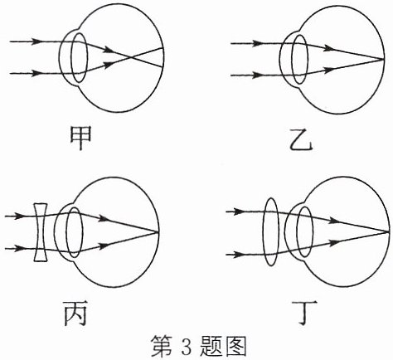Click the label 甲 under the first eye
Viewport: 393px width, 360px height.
pyautogui.click(x=80, y=138)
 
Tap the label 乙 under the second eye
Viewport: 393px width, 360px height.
pyautogui.click(x=301, y=139)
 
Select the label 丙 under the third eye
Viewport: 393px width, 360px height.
pyautogui.click(x=75, y=313)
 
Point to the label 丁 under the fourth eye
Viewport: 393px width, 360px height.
pyautogui.click(x=304, y=313)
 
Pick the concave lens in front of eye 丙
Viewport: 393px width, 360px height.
pyautogui.click(x=41, y=232)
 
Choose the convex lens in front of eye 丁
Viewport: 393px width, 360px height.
pyautogui.click(x=271, y=231)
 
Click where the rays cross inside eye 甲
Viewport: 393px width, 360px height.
pyautogui.click(x=132, y=58)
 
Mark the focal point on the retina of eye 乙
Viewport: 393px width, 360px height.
pyautogui.click(x=384, y=59)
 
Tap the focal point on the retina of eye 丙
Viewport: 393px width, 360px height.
pyautogui.click(x=158, y=232)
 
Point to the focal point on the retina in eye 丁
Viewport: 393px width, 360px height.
pyautogui.click(x=388, y=231)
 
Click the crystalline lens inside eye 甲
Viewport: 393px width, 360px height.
pyautogui.click(x=80, y=58)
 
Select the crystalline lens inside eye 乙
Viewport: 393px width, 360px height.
pyautogui.click(x=300, y=59)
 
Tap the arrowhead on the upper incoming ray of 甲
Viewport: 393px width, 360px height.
pyautogui.click(x=36, y=41)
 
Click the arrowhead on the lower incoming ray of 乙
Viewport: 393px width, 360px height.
pyautogui.click(x=256, y=75)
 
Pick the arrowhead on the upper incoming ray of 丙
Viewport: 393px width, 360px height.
pyautogui.click(x=19, y=216)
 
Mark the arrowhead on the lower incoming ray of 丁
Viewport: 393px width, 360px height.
pyautogui.click(x=237, y=255)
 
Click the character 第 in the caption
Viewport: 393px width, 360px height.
pyautogui.click(x=162, y=346)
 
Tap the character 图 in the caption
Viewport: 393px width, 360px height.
pyautogui.click(x=236, y=346)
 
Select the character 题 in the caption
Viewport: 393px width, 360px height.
pyautogui.click(x=211, y=346)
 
